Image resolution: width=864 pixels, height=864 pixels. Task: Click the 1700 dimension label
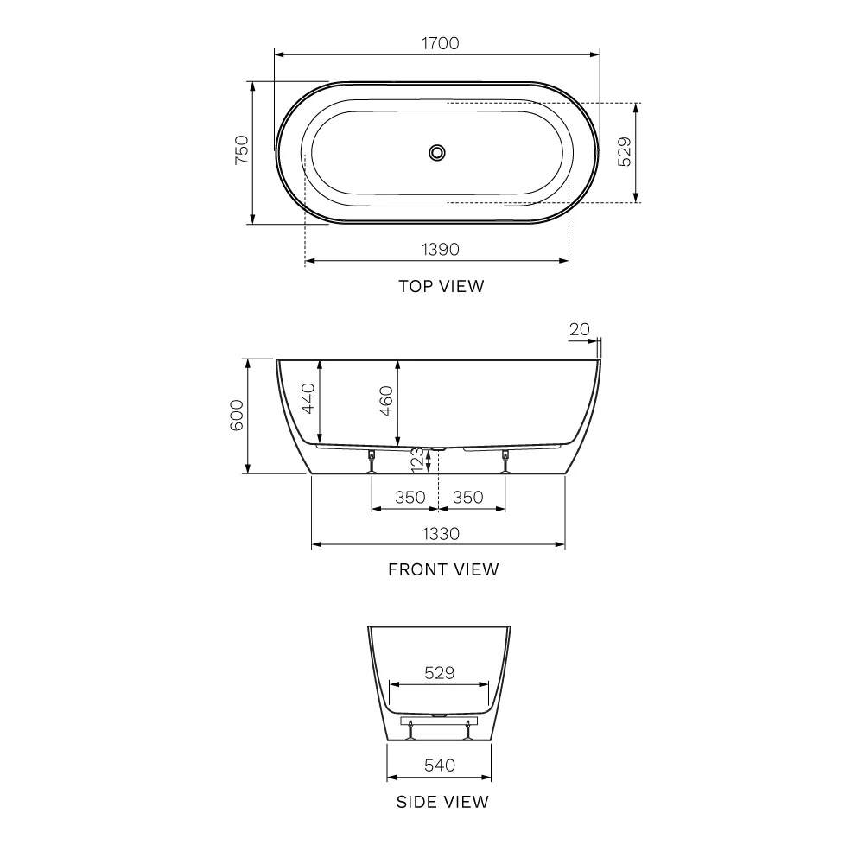point(441,43)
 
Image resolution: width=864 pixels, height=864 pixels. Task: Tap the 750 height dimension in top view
point(241,149)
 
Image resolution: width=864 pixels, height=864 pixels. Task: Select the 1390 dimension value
point(441,249)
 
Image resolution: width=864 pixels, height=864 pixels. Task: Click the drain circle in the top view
point(437,153)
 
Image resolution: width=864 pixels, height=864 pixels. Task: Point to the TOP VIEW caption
point(442,286)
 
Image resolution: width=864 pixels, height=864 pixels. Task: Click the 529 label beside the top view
point(625,152)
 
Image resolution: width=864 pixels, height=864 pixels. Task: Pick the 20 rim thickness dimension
point(579,329)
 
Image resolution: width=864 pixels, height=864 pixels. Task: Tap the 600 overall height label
point(237,416)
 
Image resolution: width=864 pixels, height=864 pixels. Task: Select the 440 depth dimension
point(308,397)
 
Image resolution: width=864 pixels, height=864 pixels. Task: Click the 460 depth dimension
point(386,401)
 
